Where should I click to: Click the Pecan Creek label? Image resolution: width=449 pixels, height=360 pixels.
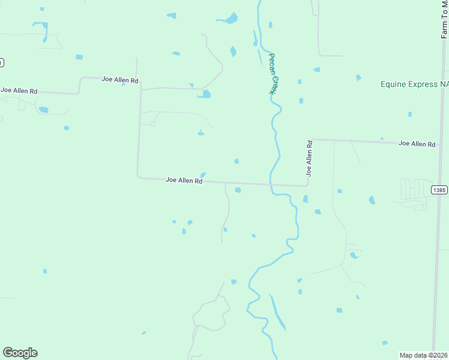[273, 73]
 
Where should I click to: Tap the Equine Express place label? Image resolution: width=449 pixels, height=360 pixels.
[414, 85]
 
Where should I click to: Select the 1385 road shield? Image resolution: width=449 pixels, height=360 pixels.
[439, 190]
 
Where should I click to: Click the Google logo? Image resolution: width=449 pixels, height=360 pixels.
[20, 353]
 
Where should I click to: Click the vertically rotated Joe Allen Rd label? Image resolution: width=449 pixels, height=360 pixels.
[310, 158]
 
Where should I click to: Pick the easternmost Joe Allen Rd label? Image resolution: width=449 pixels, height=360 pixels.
[417, 144]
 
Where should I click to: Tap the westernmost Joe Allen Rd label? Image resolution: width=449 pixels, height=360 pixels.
[19, 91]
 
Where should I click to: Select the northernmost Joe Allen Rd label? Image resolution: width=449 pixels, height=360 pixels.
[120, 79]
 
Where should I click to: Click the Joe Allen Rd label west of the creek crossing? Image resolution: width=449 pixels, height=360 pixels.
[184, 180]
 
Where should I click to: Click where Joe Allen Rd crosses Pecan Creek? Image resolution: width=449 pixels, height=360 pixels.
[271, 184]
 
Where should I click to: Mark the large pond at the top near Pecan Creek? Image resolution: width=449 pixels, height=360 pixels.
[229, 19]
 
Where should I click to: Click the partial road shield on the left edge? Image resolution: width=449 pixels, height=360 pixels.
[1, 62]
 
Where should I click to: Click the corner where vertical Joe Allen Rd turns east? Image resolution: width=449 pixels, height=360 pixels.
[310, 140]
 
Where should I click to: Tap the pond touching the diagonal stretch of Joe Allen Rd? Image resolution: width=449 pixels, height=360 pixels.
[205, 94]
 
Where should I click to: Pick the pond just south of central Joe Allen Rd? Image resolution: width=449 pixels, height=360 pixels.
[238, 190]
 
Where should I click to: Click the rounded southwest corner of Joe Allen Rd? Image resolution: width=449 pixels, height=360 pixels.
[139, 176]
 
